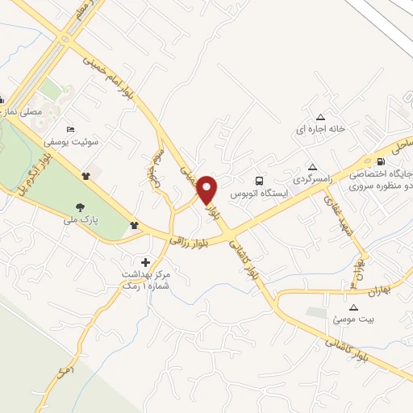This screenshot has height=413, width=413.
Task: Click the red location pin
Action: (207, 190)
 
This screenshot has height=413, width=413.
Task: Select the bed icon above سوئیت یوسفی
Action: (70, 129)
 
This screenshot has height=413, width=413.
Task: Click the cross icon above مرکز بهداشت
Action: (145, 261)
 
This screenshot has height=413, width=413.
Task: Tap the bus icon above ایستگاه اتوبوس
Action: (258, 181)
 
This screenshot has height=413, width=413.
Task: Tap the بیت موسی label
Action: (353, 319)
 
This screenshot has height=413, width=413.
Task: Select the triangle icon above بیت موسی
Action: (353, 307)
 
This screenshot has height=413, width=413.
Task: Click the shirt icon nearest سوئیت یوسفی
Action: (86, 174)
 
